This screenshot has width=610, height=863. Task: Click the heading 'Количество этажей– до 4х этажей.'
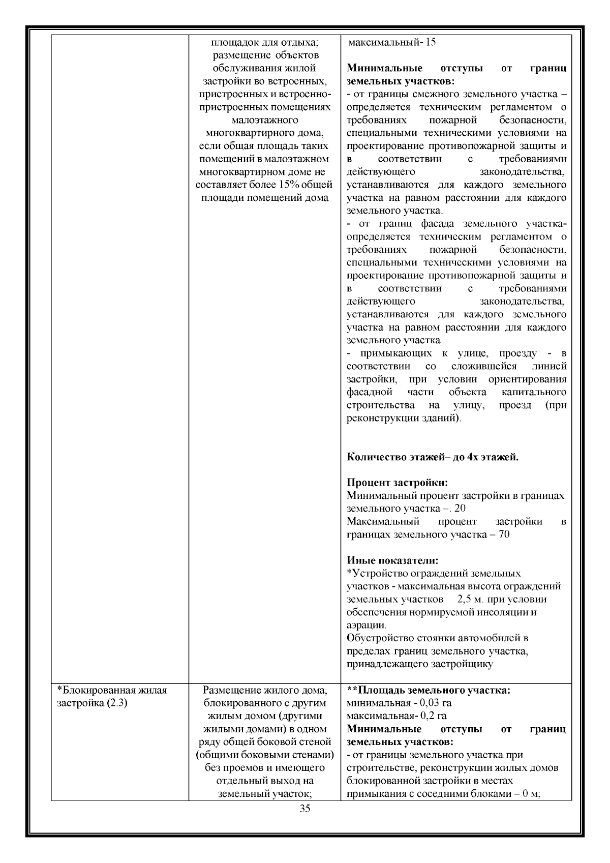tap(433, 457)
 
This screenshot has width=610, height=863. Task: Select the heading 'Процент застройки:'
tap(397, 483)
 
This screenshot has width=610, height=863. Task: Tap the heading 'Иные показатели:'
tap(392, 560)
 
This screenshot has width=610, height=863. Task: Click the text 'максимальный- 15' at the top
tap(391, 42)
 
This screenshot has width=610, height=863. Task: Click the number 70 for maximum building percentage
tap(504, 534)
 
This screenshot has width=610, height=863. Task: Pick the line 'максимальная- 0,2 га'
tap(396, 716)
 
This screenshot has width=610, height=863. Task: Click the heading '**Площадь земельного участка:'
tap(429, 690)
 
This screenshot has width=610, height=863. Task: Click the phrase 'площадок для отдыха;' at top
tap(264, 42)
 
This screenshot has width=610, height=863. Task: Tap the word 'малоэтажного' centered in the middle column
tap(264, 121)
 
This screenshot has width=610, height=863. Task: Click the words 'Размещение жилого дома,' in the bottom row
tap(264, 690)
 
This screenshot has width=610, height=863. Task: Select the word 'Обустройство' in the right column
tap(375, 638)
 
